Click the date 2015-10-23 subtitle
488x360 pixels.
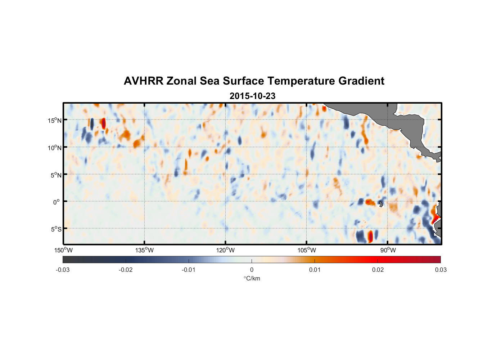coord(252,96)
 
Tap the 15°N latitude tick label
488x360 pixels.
coord(54,120)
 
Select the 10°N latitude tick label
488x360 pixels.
coord(54,148)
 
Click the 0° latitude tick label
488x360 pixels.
coord(57,202)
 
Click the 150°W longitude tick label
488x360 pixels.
coord(63,250)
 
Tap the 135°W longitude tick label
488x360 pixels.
coord(144,250)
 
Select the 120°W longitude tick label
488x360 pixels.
coord(225,250)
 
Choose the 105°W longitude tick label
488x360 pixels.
coord(307,250)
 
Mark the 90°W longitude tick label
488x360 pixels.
coord(388,250)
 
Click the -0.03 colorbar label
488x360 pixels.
coord(63,270)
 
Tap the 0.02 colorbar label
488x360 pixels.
coord(378,270)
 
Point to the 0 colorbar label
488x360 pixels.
coord(252,270)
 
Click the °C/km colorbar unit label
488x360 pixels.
coord(252,278)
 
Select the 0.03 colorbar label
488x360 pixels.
coord(440,270)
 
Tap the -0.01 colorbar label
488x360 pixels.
coord(189,270)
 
